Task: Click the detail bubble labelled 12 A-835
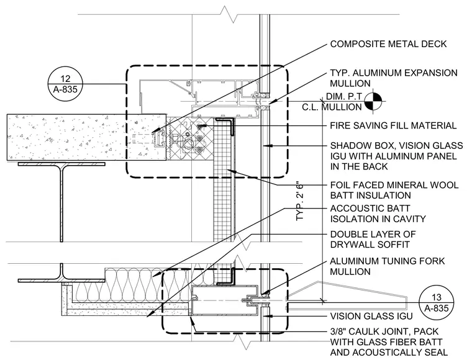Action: point(65,84)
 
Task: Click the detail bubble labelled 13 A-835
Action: point(436,302)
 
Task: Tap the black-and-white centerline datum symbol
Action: point(373,101)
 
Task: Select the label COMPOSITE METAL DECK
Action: point(388,44)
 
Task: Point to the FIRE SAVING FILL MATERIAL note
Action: point(393,125)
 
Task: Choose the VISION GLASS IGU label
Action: point(371,316)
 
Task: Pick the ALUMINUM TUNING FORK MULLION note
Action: point(388,266)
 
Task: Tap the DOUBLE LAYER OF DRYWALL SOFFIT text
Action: point(373,240)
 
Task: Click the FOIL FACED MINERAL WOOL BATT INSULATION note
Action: point(394,190)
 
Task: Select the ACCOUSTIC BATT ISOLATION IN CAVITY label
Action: point(378,214)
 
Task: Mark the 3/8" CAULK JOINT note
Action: point(389,341)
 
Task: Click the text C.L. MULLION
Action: point(332,107)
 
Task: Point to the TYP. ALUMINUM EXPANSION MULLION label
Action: point(394,78)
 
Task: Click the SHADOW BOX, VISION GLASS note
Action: point(396,156)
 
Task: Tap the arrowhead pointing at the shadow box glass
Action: point(268,146)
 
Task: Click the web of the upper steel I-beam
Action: point(61,204)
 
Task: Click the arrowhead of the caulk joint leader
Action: point(193,320)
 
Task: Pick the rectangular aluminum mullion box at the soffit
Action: point(225,300)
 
